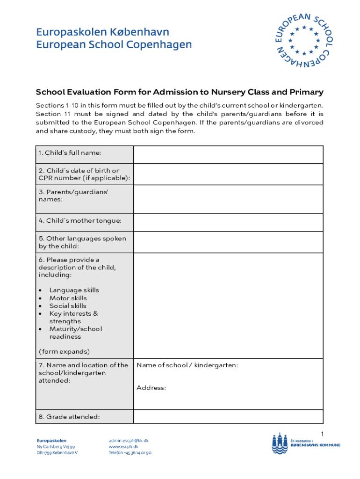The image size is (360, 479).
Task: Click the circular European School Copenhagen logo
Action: [303, 40]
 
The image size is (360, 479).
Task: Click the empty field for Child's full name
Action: [228, 154]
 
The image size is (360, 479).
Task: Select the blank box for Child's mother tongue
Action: [228, 222]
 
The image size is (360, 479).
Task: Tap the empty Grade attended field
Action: [228, 416]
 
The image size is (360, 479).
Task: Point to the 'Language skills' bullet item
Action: [74, 290]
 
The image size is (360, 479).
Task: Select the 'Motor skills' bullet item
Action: [68, 298]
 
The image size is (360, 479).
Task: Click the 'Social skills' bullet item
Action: [68, 306]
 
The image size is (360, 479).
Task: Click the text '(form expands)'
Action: [64, 351]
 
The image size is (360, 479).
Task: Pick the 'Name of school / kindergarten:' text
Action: [187, 365]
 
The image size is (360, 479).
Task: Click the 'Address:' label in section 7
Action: [151, 388]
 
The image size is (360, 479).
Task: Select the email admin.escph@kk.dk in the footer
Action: [129, 441]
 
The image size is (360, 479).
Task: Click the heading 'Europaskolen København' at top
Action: [102, 32]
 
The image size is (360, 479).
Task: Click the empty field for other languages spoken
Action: [228, 242]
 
